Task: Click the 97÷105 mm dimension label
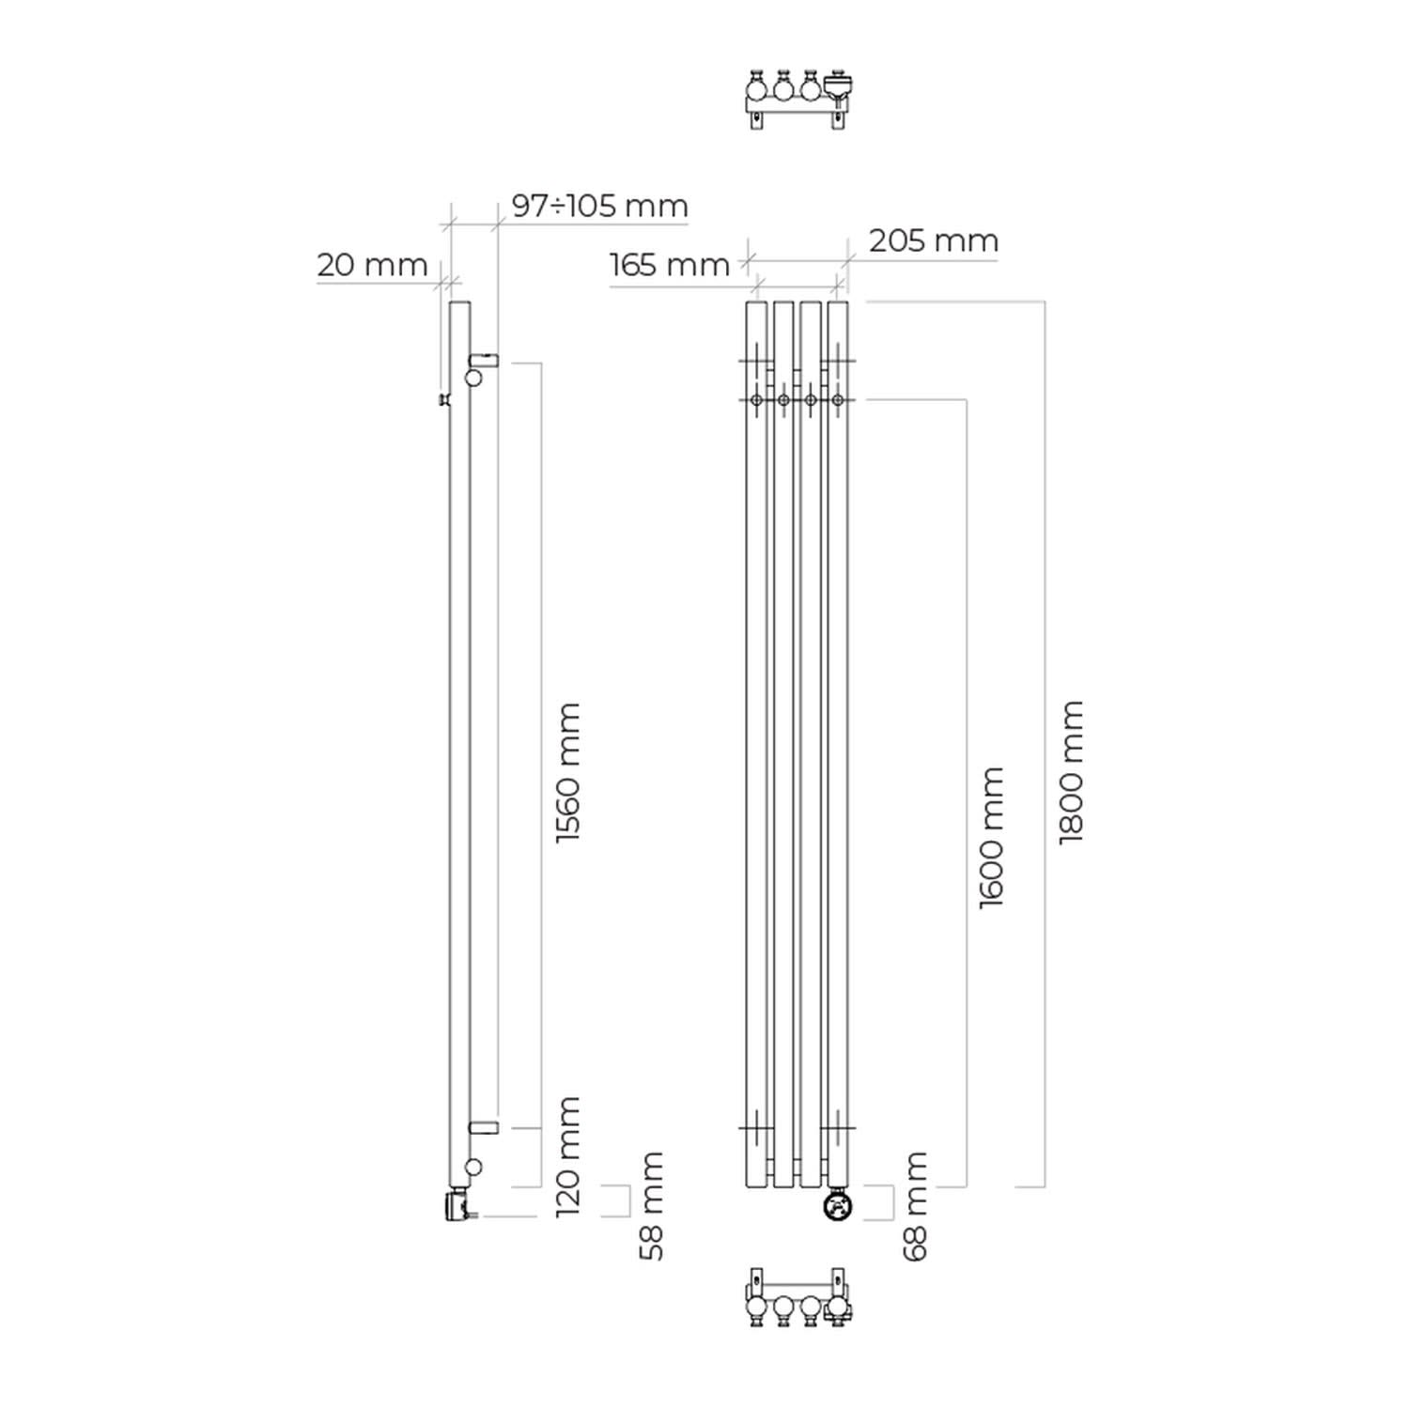tap(599, 206)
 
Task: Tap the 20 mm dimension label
tap(372, 265)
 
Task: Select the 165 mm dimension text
tap(669, 265)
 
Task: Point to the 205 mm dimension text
tap(933, 240)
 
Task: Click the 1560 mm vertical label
tap(568, 772)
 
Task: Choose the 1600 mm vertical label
tap(991, 838)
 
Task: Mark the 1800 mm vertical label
tap(1071, 772)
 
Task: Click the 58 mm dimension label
tap(651, 1206)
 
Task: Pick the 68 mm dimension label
tap(915, 1206)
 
